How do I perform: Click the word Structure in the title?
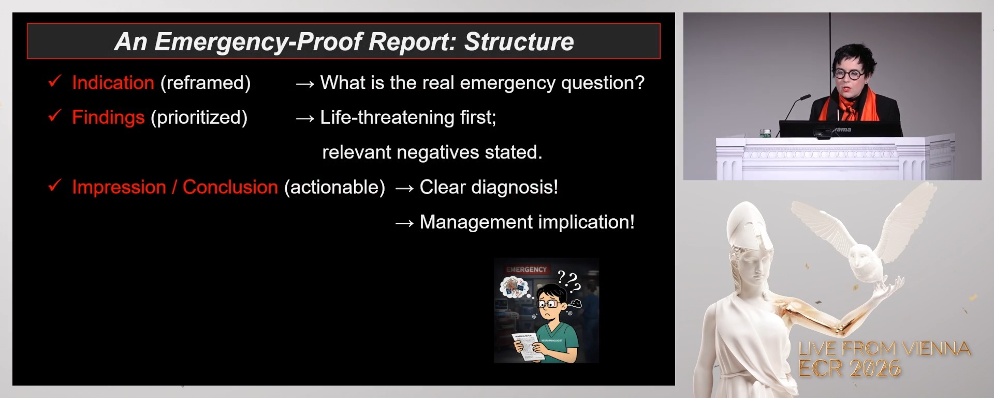coord(519,42)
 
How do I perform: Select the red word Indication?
coord(113,83)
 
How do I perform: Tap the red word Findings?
coord(108,118)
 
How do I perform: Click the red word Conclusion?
coord(230,187)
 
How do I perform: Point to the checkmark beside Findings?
coord(55,116)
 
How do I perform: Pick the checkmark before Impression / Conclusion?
coord(55,185)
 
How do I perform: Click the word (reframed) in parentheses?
coord(206,83)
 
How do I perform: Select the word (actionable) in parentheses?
coord(334,187)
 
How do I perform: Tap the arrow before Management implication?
coord(404,223)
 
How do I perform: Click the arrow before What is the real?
coord(305,84)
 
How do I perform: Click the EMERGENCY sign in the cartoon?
coord(526,269)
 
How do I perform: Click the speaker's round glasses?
coord(849,75)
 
